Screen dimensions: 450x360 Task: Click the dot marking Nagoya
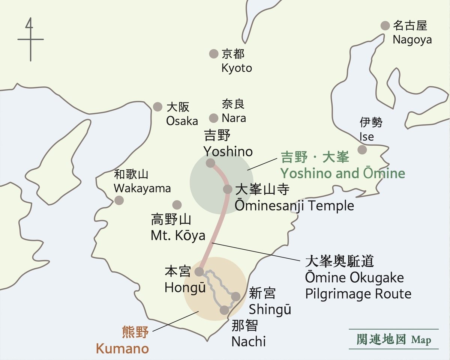click(x=385, y=26)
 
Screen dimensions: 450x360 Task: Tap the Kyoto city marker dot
click(x=214, y=54)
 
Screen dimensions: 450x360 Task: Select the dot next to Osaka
click(x=158, y=107)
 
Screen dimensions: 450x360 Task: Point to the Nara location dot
click(x=214, y=118)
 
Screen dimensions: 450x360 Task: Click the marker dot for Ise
click(x=362, y=150)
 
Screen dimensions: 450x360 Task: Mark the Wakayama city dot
click(x=119, y=200)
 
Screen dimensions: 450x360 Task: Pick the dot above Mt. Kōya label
click(x=177, y=205)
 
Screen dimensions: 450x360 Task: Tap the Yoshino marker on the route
click(x=210, y=163)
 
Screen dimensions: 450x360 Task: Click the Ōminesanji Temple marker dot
click(x=228, y=189)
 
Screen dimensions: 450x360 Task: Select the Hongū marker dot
click(x=199, y=271)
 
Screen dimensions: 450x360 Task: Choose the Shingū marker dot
click(x=235, y=297)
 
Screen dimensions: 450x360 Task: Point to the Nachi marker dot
click(x=224, y=310)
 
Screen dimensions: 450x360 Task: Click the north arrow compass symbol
click(x=30, y=39)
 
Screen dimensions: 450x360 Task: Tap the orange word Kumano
click(x=122, y=348)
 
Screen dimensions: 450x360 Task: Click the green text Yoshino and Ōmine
click(x=343, y=173)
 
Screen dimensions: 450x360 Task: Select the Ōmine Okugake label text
click(x=354, y=278)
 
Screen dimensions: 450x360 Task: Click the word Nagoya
click(x=412, y=39)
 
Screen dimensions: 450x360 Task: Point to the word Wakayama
click(x=142, y=188)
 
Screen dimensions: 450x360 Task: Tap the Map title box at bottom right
click(x=393, y=339)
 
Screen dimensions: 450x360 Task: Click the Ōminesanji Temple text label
click(x=294, y=206)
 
